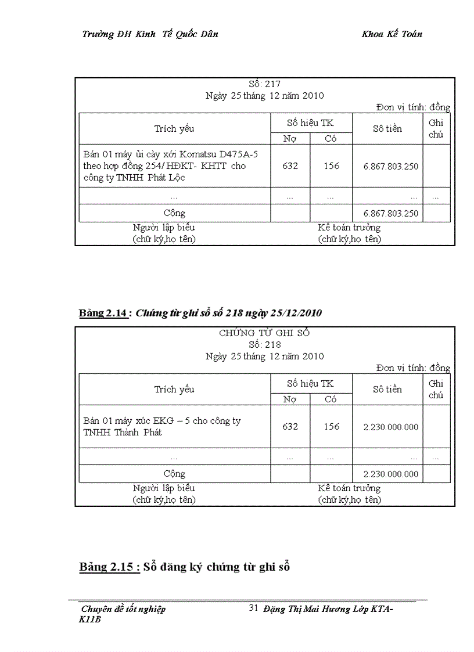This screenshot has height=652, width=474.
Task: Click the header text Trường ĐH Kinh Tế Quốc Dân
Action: tap(150, 34)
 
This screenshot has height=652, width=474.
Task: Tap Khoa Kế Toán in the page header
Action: tap(392, 34)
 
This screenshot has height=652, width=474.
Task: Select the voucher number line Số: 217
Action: tap(264, 84)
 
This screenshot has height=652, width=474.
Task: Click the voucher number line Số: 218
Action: tap(264, 344)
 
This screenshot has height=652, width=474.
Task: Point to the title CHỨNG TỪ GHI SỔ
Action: tap(264, 333)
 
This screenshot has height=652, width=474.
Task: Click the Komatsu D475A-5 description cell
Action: tap(174, 165)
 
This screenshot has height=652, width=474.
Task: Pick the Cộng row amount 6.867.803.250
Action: tap(390, 213)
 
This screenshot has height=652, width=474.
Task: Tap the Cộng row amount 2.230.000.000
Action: tap(390, 474)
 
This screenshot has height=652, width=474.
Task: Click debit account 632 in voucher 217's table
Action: tap(290, 166)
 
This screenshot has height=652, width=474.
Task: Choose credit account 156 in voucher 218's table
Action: tap(331, 427)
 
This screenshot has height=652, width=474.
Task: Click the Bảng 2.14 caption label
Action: tap(103, 314)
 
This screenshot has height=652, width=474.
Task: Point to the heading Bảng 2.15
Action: tap(109, 567)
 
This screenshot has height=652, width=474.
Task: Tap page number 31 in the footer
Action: tap(253, 608)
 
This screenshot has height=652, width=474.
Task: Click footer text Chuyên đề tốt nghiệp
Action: tap(123, 609)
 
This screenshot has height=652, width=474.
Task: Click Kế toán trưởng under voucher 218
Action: tap(349, 488)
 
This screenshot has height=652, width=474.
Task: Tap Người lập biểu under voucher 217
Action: tap(164, 228)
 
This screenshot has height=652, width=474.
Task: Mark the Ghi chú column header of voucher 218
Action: tap(436, 389)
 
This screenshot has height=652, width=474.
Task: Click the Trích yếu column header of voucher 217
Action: tap(174, 128)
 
